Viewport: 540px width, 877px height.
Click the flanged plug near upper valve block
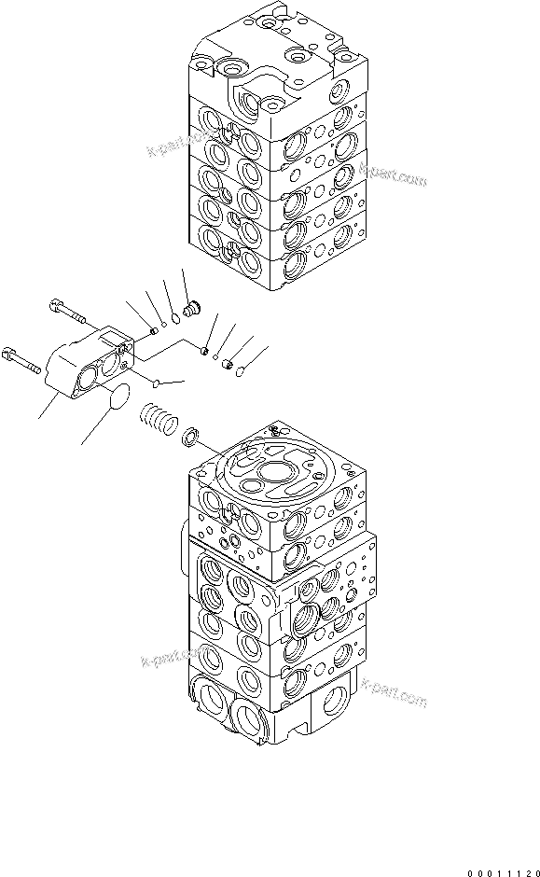coord(193,307)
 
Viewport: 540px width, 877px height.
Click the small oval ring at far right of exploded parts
coord(240,371)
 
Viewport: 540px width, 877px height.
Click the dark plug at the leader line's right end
coord(227,363)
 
